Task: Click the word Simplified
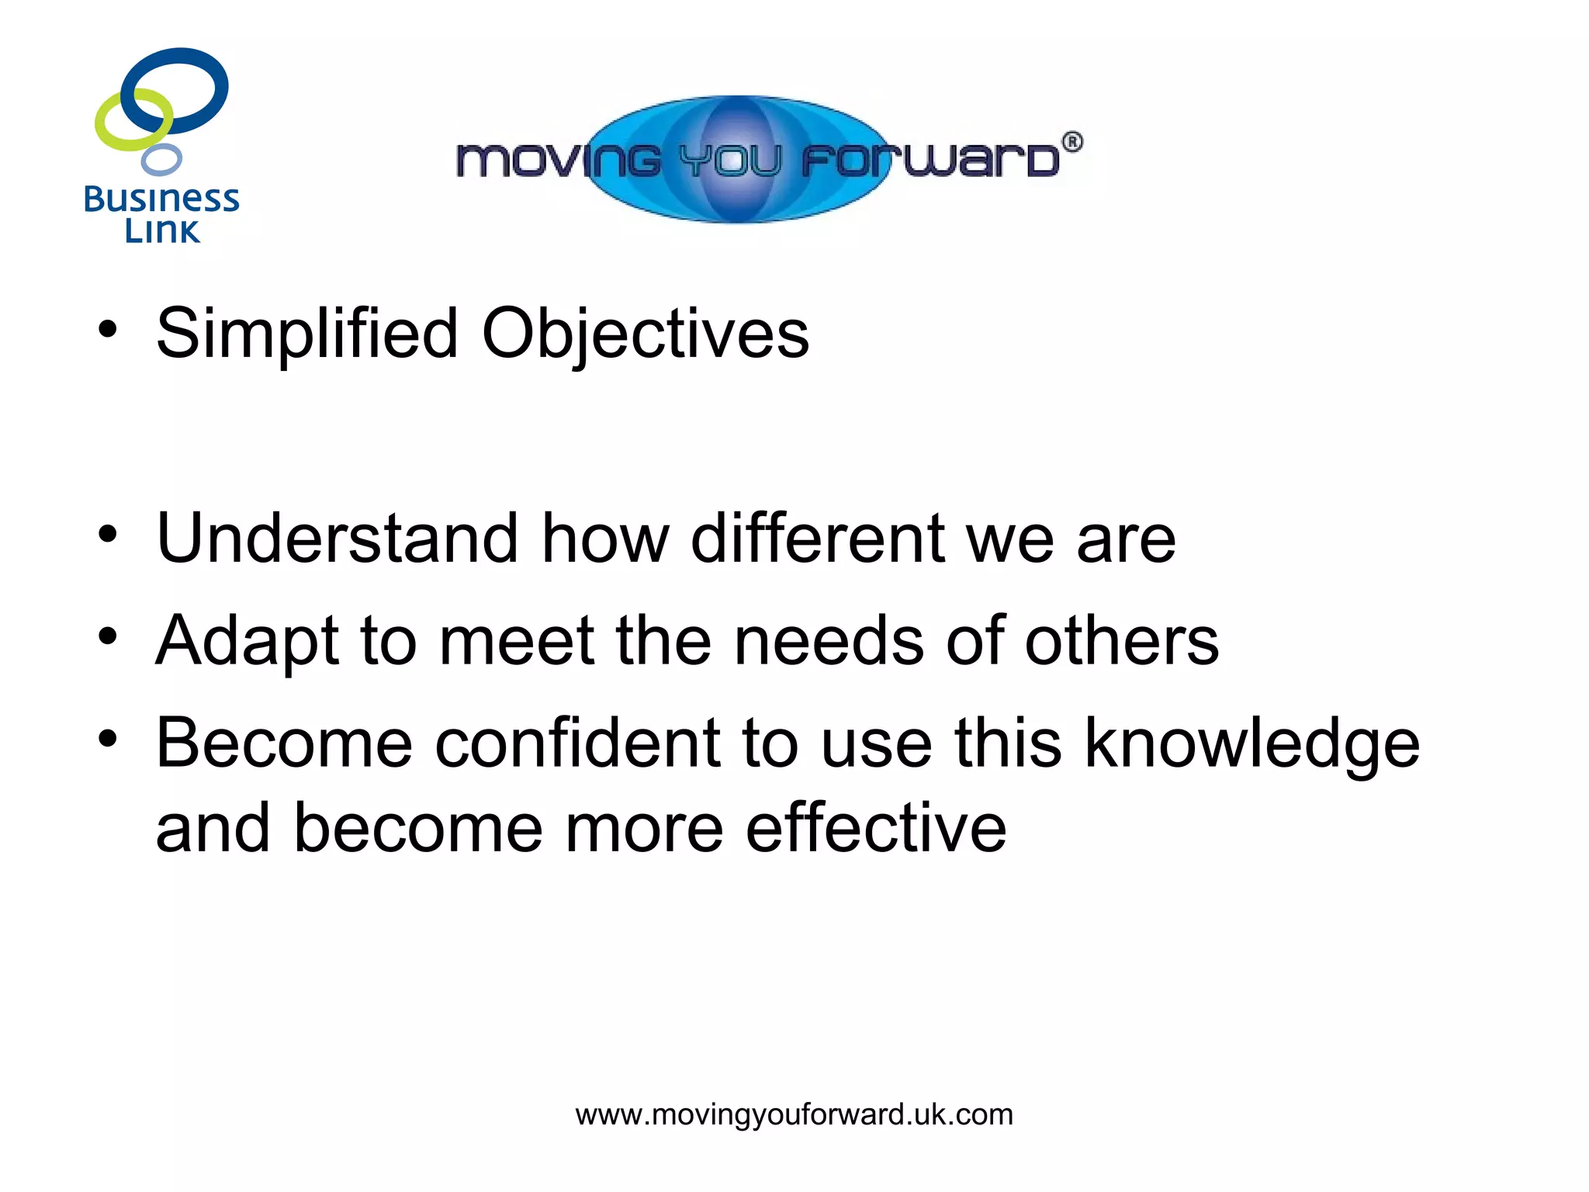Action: coord(307,334)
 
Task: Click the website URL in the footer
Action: coord(794,1114)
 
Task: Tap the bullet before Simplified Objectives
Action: coord(108,329)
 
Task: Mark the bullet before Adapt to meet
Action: coord(108,636)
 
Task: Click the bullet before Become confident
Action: coord(108,739)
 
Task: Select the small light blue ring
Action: coord(161,160)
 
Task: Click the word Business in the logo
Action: coord(161,199)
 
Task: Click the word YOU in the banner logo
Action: coord(729,161)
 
